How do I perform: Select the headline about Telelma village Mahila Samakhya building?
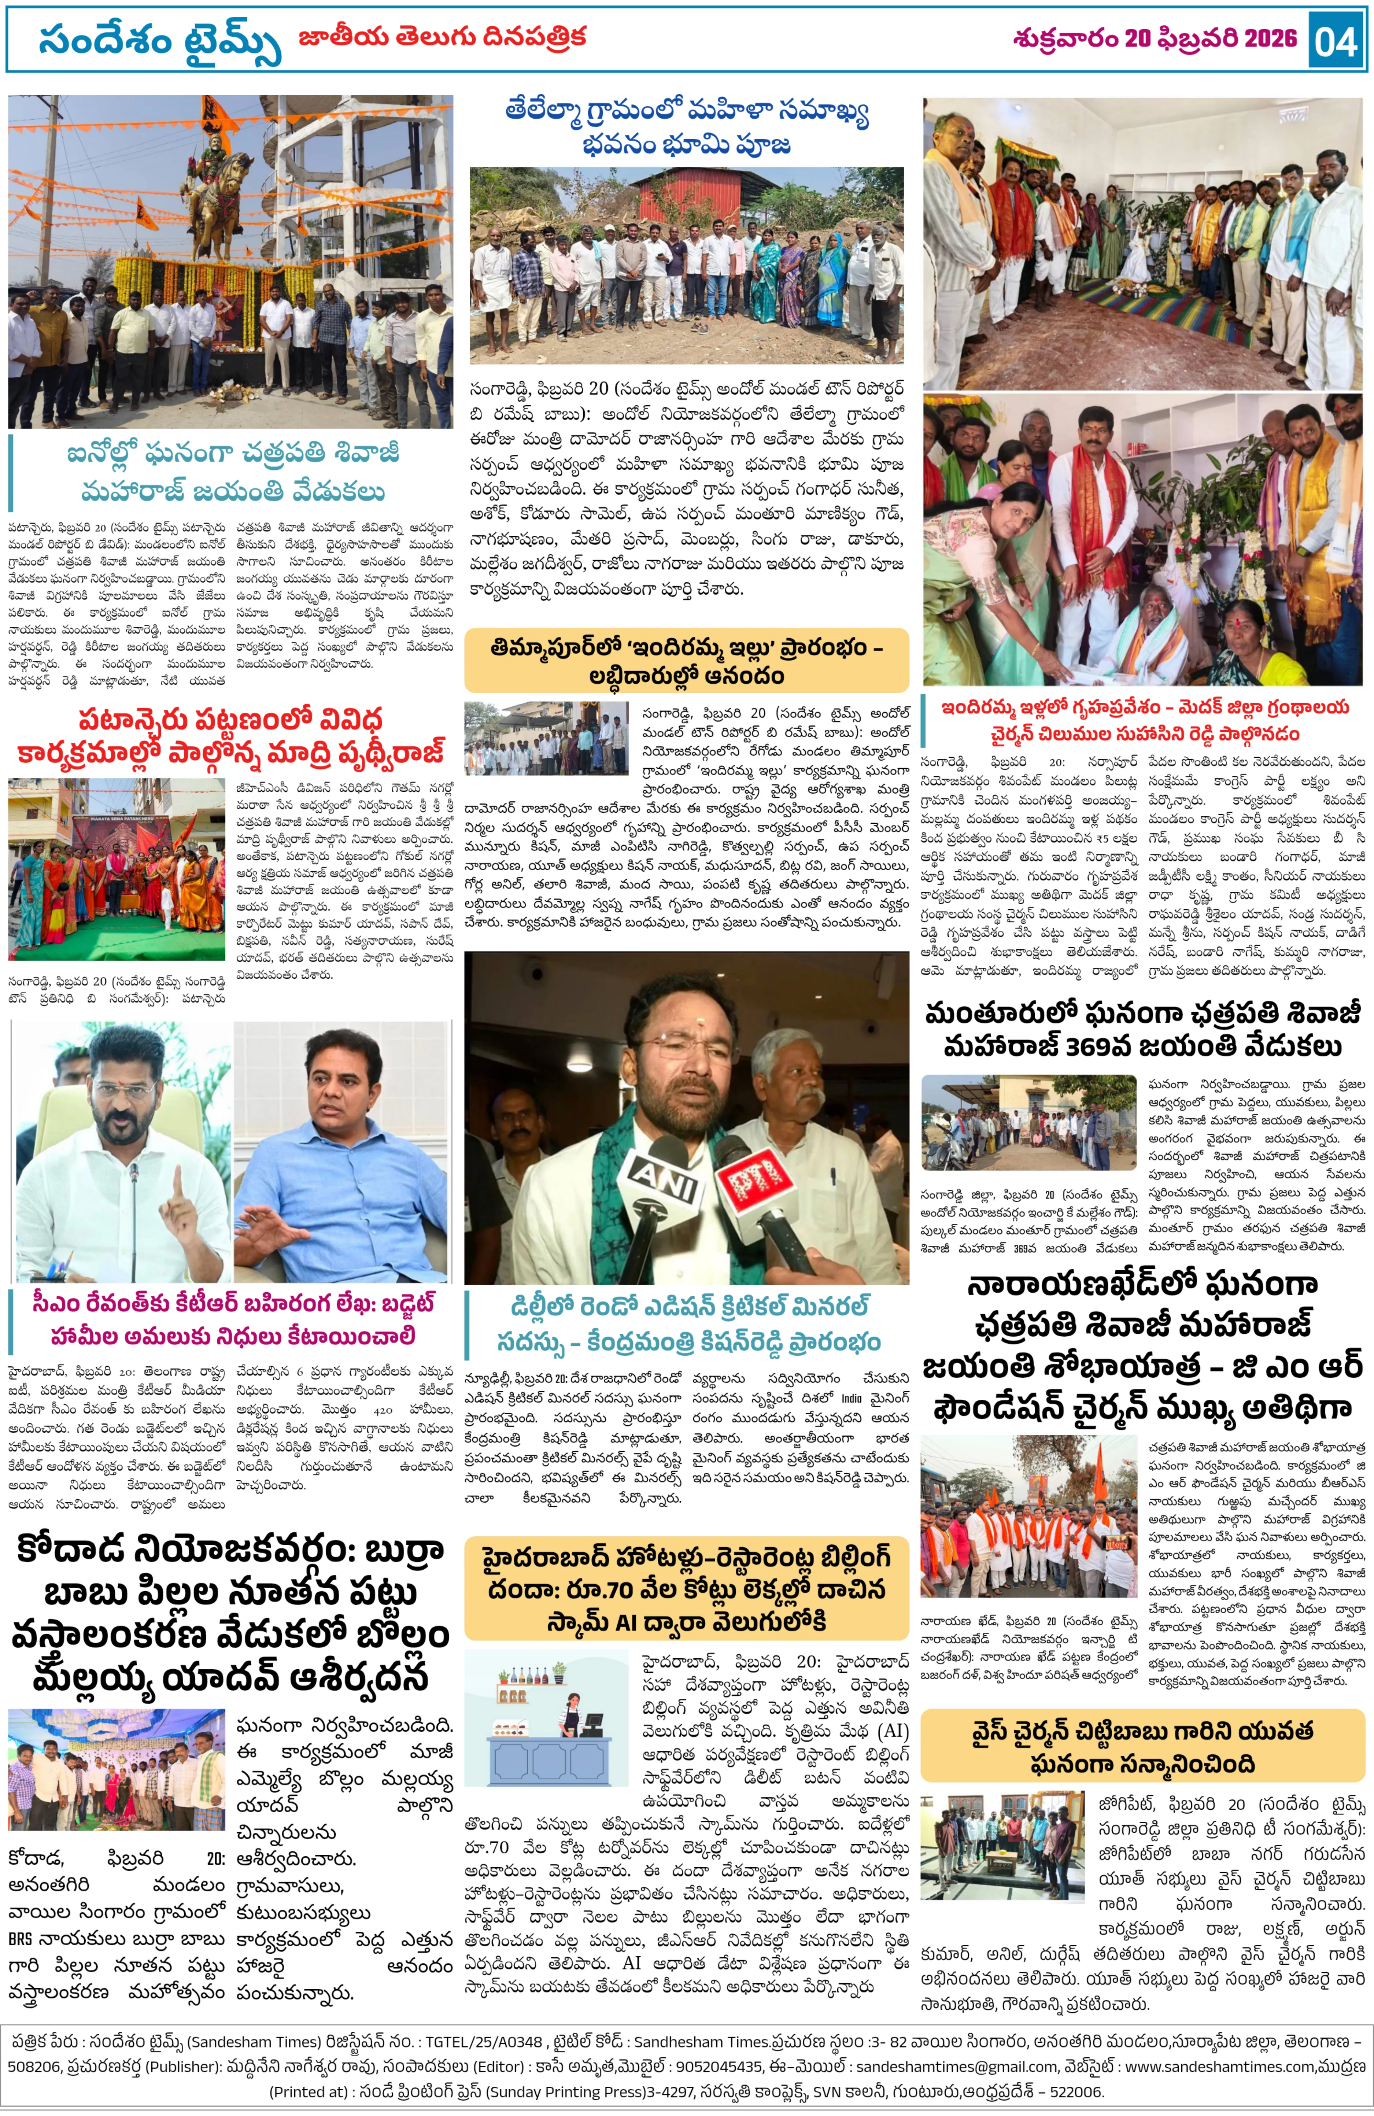coord(687,127)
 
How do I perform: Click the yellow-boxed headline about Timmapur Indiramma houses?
coord(687,661)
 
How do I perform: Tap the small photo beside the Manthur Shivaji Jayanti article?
coord(1029,1122)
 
